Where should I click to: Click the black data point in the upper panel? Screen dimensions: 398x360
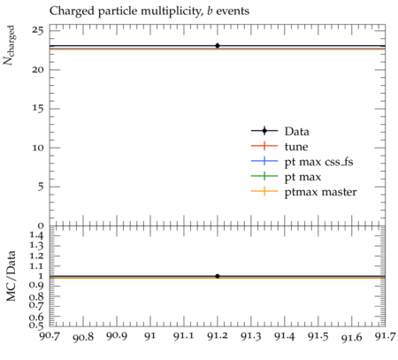tap(218, 46)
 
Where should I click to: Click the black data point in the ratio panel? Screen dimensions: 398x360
tap(218, 276)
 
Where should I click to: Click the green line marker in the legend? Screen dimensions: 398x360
tap(264, 176)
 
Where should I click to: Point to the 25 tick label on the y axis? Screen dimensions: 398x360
tap(39, 30)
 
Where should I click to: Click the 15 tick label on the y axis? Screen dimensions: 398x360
tap(39, 109)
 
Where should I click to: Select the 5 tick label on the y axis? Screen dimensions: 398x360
tap(42, 187)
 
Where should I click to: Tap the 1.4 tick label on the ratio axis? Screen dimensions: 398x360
tap(37, 235)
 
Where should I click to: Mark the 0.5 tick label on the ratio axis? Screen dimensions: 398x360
tap(37, 326)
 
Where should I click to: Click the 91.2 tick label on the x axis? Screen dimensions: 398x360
tap(218, 336)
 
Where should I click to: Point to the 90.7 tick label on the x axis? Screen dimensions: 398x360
tap(50, 336)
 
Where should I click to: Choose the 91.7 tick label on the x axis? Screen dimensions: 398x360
tap(385, 336)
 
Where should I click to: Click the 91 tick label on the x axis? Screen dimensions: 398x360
tap(150, 336)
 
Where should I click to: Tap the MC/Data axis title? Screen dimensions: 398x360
tap(11, 276)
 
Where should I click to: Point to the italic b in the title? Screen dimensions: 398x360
tap(210, 11)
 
